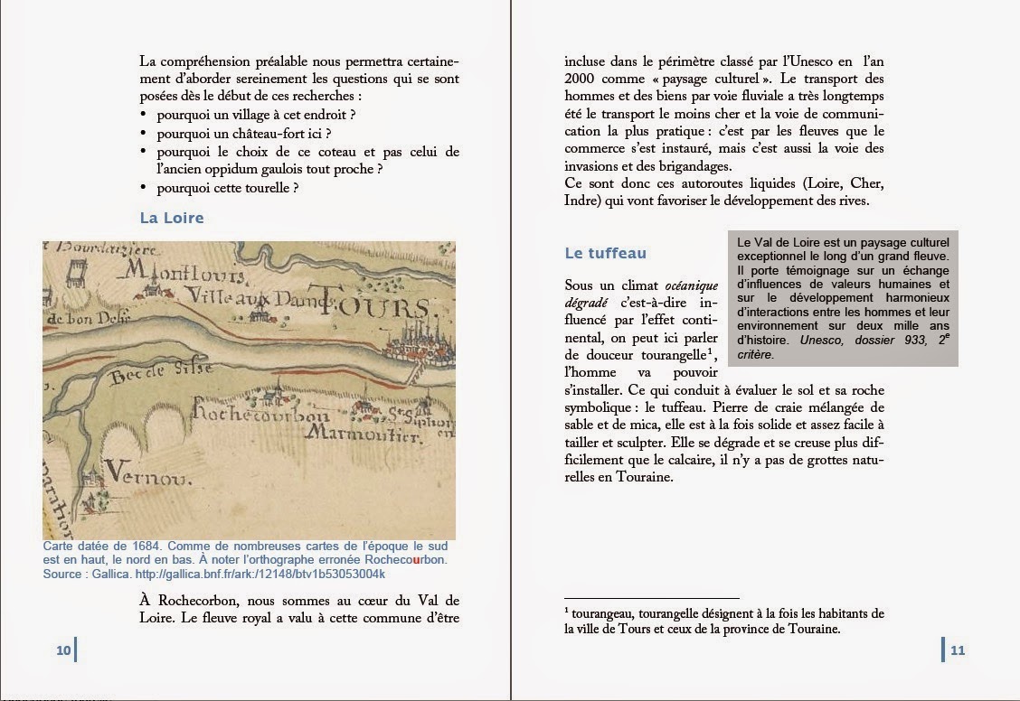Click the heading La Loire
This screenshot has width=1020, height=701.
pos(172,218)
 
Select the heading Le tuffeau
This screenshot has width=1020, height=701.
pos(605,254)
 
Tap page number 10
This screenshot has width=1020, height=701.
pos(62,650)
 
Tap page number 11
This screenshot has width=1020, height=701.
pos(958,650)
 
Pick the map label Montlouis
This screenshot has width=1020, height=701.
pos(184,270)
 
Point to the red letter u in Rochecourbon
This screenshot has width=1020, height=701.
pos(416,560)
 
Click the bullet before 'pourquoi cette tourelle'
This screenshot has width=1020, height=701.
pos(145,188)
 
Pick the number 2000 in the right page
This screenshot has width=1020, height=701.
pos(582,78)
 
